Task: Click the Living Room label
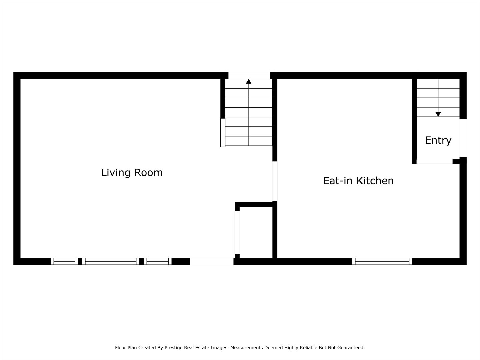[x=132, y=173]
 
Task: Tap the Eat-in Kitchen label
[x=358, y=181]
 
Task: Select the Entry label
[x=438, y=140]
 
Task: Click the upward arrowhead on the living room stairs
[x=249, y=81]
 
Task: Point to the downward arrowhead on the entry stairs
[x=438, y=114]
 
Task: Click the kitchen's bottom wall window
[x=382, y=261]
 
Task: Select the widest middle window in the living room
[x=111, y=261]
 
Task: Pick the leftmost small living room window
[x=64, y=261]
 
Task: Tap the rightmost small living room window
[x=157, y=261]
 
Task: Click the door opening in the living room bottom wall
[x=212, y=261]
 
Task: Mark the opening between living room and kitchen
[x=275, y=181]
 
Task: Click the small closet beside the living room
[x=256, y=232]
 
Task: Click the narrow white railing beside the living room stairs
[x=223, y=133]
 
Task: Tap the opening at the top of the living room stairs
[x=249, y=76]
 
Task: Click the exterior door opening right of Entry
[x=463, y=138]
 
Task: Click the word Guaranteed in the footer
[x=352, y=348]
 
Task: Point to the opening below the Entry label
[x=434, y=162]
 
